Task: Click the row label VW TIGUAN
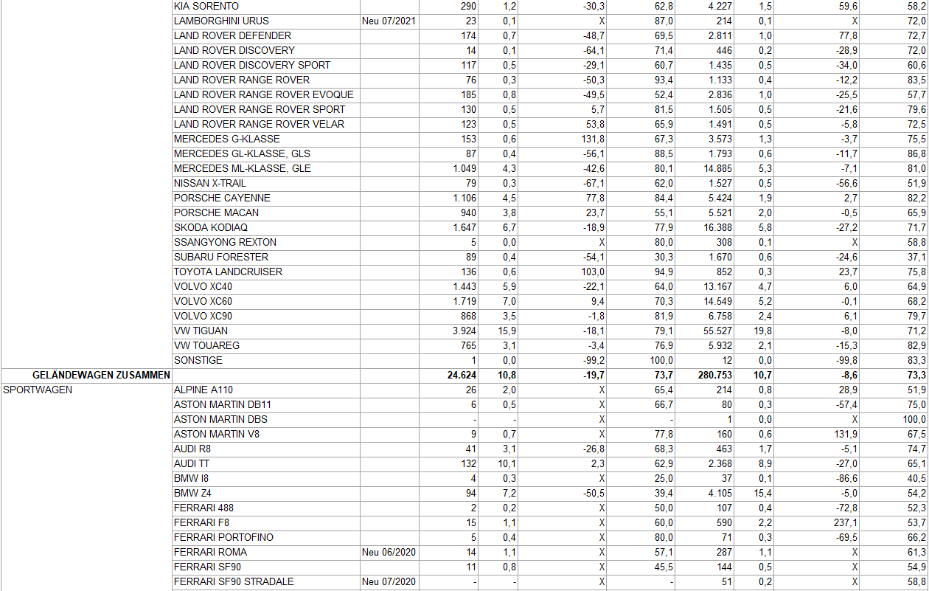(x=201, y=331)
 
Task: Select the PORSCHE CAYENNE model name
(x=222, y=198)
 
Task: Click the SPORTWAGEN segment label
(x=38, y=390)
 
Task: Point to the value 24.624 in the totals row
(x=462, y=375)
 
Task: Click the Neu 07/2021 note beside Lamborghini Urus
(x=389, y=21)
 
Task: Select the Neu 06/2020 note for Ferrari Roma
(x=389, y=552)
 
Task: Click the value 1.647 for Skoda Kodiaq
(x=464, y=227)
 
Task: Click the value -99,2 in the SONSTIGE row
(x=593, y=360)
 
